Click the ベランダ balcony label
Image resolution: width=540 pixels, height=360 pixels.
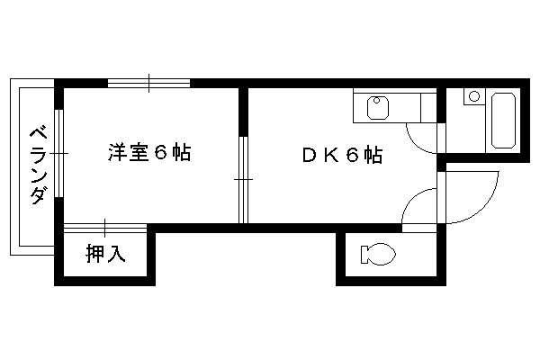click(38, 166)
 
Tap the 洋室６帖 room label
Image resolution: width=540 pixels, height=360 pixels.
click(149, 152)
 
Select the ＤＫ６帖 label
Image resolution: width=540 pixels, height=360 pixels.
click(342, 155)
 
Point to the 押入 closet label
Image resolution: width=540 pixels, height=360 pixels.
click(105, 253)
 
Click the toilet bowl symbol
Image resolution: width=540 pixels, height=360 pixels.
click(378, 254)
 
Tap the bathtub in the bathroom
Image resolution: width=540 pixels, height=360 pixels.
click(503, 121)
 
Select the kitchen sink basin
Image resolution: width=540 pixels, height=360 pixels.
click(378, 108)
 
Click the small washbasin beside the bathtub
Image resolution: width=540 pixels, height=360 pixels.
click(474, 96)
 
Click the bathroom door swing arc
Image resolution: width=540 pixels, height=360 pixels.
click(416, 143)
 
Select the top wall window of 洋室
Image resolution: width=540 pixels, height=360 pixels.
click(148, 83)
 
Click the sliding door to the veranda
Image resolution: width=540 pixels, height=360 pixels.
click(59, 153)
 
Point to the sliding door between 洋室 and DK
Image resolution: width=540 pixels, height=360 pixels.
click(244, 179)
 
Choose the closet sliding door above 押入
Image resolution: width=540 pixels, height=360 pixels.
click(105, 228)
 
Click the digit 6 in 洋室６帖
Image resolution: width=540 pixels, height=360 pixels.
click(160, 152)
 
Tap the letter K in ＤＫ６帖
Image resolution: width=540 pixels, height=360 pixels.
click(330, 155)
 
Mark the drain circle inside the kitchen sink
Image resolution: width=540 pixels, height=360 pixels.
click(377, 101)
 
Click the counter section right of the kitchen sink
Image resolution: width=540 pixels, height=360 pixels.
click(428, 108)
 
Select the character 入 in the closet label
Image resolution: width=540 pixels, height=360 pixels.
click(116, 253)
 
